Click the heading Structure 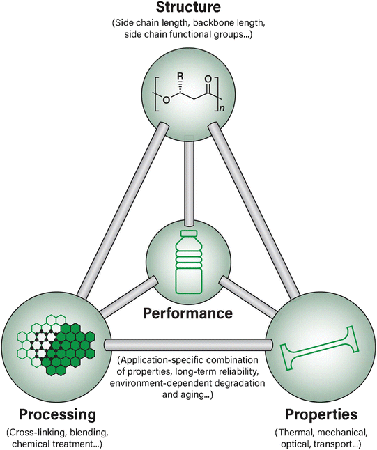point(187,8)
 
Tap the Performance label point(187,313)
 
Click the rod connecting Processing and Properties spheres point(188,344)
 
